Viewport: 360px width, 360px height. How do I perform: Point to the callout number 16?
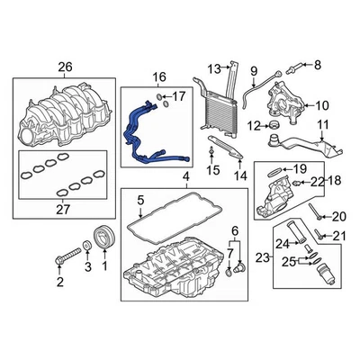coord(159,78)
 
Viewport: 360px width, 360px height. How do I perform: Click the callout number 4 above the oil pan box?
coord(184,177)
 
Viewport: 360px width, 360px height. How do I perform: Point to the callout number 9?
coord(253,70)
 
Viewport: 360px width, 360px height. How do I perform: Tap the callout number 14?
coord(239,177)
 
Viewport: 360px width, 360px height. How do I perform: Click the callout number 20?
coord(337,216)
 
